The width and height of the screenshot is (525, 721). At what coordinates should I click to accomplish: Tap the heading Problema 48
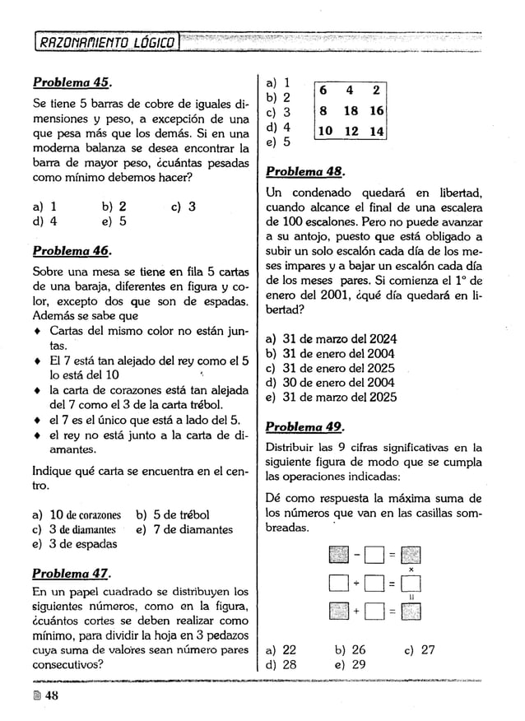(x=304, y=174)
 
